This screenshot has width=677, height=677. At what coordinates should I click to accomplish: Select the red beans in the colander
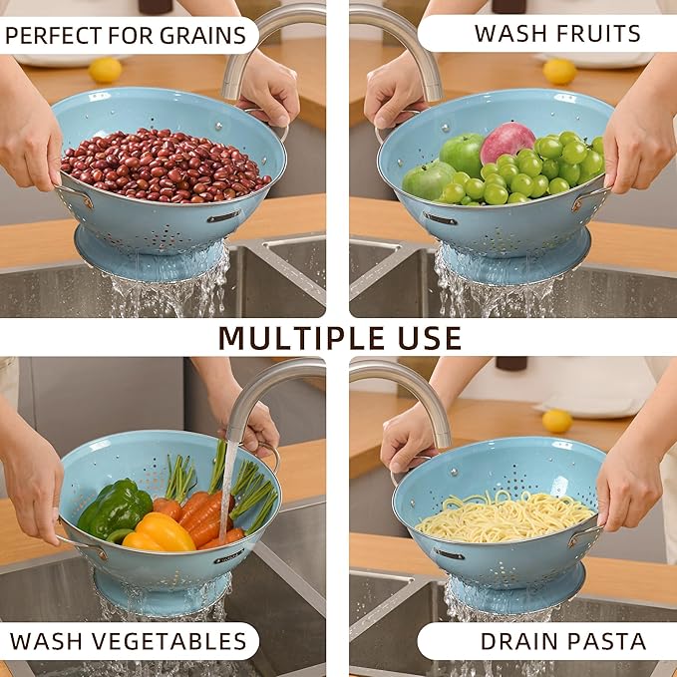[x=165, y=165]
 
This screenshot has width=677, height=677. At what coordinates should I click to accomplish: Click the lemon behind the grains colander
[x=105, y=70]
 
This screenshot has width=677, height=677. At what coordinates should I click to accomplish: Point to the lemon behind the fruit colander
[x=559, y=71]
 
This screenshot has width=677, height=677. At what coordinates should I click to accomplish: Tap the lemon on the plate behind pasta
[x=556, y=421]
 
